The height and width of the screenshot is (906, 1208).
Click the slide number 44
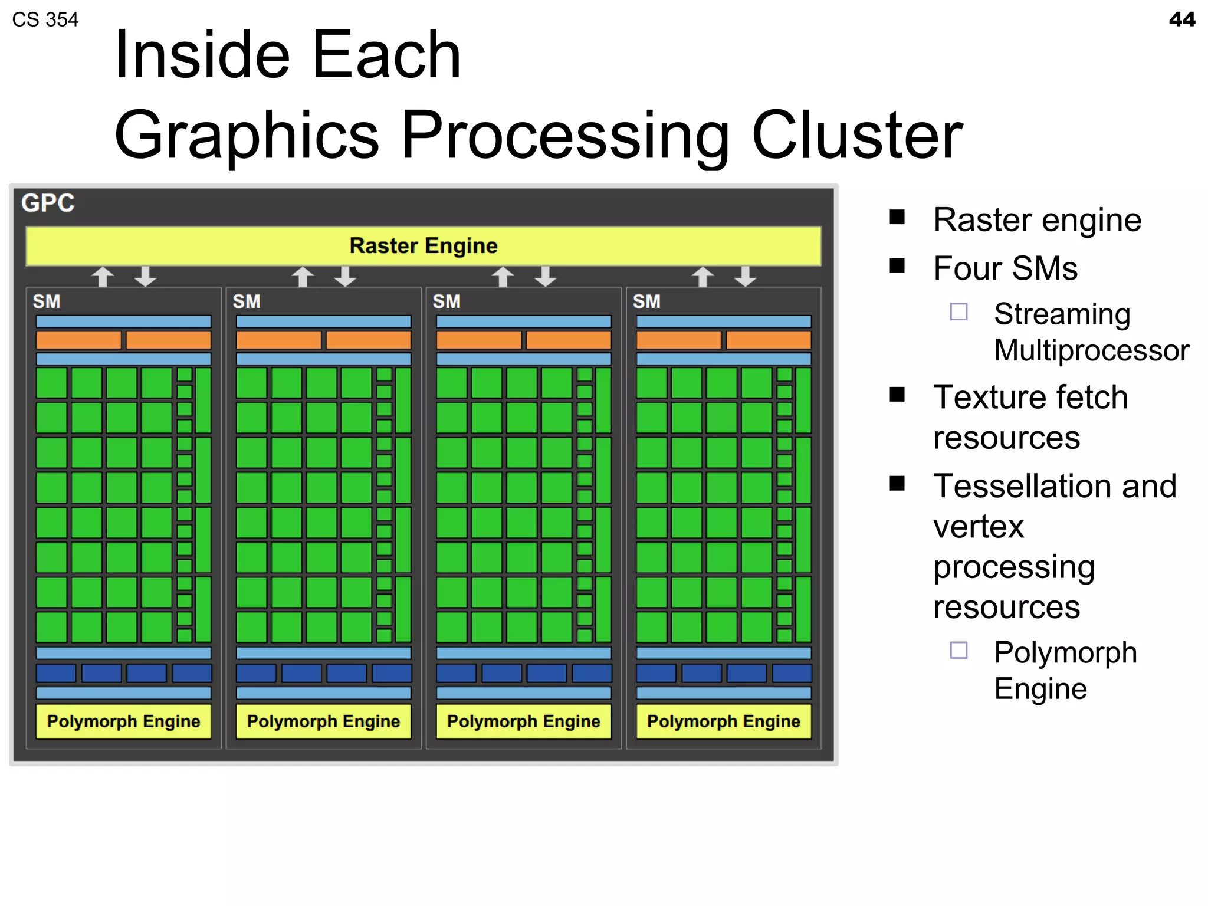click(x=1181, y=19)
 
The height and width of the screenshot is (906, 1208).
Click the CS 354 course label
click(x=45, y=19)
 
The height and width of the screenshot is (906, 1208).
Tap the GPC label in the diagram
click(x=48, y=203)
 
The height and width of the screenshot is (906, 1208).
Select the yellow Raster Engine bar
click(x=423, y=245)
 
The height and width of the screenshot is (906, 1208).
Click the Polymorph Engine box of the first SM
click(x=123, y=721)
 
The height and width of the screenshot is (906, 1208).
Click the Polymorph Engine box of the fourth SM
click(x=723, y=721)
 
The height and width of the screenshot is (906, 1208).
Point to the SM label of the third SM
click(x=447, y=301)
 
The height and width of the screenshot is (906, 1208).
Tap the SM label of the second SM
click(x=247, y=301)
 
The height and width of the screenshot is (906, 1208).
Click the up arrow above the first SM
click(x=103, y=276)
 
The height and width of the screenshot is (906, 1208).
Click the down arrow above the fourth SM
click(x=746, y=276)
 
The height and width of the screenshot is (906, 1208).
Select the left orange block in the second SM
click(x=278, y=340)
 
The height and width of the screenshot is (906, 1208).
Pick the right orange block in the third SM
click(x=569, y=340)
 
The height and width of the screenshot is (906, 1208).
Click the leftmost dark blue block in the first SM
click(x=56, y=673)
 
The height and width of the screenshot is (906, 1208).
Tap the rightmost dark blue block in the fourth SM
click(x=792, y=673)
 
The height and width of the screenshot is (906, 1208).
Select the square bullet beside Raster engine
click(x=897, y=217)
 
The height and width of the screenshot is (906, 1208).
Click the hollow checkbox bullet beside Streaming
click(x=958, y=311)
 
